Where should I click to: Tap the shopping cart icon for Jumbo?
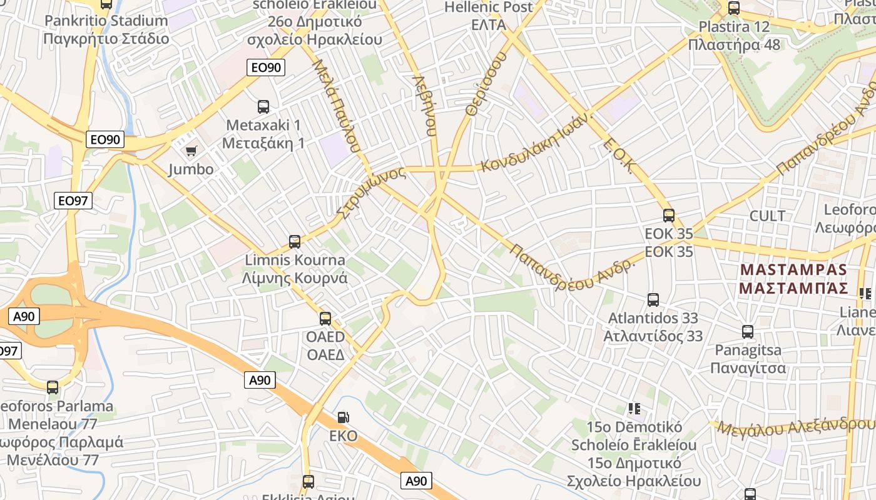pos(191,151)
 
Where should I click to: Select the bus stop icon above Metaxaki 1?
pos(263,106)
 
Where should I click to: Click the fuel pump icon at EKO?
pos(343,417)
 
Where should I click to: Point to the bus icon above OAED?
pos(325,319)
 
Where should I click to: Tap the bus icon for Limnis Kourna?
pos(295,241)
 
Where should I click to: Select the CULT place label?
pos(767,216)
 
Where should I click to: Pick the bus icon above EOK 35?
pos(669,216)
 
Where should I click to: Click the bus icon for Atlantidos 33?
pos(653,300)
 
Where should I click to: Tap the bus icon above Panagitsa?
pos(748,332)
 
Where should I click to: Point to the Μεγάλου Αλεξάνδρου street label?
pos(795,427)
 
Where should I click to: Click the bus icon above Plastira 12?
pos(734,9)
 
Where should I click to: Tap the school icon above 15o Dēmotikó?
pos(634,409)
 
